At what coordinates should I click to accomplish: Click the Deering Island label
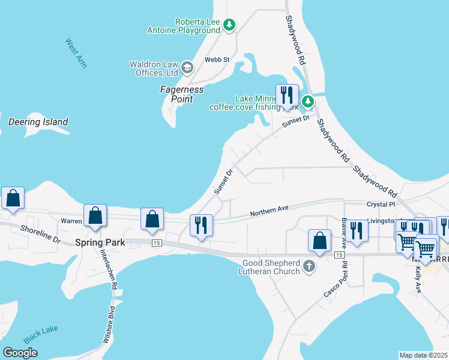coord(38,122)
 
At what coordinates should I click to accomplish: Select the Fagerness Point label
coord(182,94)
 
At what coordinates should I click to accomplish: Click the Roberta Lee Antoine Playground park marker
coord(229,25)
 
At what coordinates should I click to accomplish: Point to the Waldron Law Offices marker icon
coord(187,67)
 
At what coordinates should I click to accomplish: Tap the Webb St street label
coord(217,59)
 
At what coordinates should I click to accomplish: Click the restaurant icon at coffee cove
coord(287,95)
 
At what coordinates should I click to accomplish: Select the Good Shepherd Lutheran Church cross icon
coord(309,266)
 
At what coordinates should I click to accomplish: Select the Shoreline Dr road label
coord(41,234)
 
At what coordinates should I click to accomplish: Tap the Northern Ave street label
coord(269,211)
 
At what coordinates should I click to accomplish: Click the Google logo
coord(20,353)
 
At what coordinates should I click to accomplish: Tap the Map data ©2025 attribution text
coord(423,355)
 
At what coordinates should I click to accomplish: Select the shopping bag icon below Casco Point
coord(319,241)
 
